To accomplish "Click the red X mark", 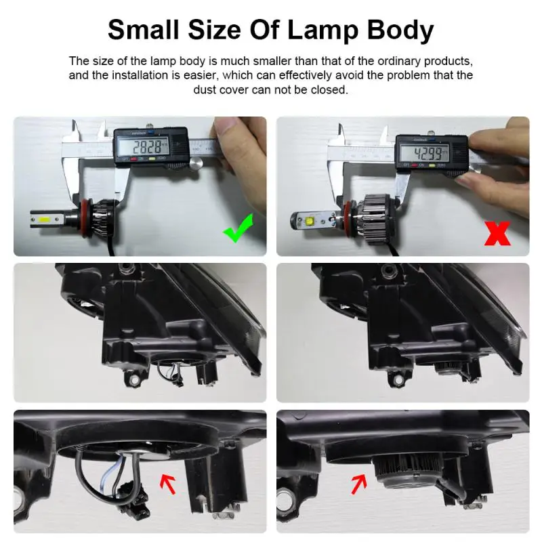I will coord(498,232).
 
